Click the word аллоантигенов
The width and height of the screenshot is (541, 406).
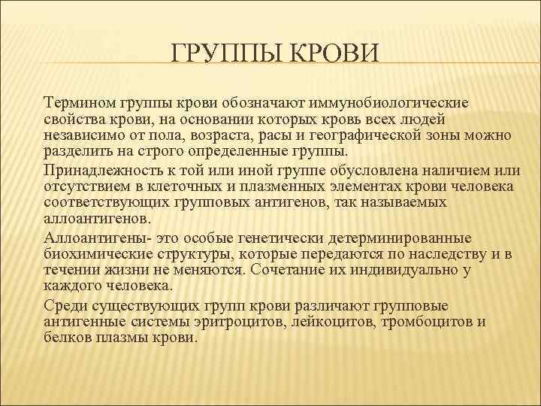(98, 220)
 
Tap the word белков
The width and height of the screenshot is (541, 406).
(66, 338)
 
